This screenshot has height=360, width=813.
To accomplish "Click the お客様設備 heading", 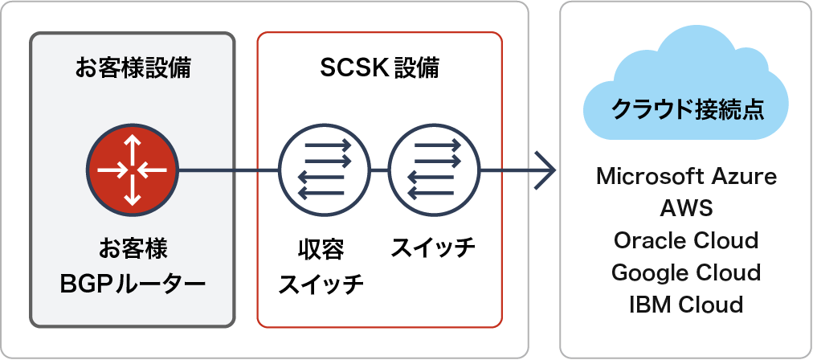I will click(x=133, y=68).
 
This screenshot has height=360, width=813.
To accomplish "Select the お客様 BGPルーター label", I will click(x=133, y=266).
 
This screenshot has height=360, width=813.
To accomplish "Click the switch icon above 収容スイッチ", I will click(x=324, y=170).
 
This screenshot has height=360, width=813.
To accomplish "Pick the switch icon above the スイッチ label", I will click(x=434, y=170).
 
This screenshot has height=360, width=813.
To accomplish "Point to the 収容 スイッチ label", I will click(x=321, y=268).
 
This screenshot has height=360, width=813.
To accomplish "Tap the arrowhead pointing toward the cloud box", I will click(x=545, y=170).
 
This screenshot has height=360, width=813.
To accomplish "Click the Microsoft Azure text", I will click(x=686, y=177).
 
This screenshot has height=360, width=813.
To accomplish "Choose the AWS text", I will click(x=686, y=209).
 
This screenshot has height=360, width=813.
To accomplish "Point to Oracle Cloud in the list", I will click(x=686, y=240).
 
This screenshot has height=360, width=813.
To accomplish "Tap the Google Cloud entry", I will click(x=686, y=272).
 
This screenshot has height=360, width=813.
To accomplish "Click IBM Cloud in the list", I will click(x=686, y=305).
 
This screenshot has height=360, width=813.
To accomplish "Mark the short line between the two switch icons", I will click(x=379, y=170).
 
